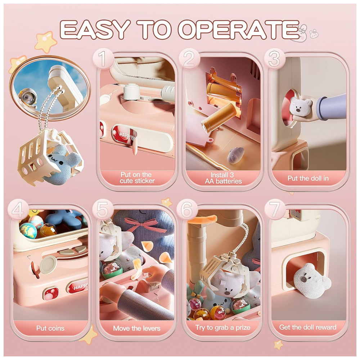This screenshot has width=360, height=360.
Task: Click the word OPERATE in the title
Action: (x=239, y=30)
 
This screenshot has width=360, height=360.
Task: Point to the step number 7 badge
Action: (x=274, y=210)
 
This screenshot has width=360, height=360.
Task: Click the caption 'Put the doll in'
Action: (x=308, y=178)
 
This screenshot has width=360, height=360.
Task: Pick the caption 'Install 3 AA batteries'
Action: (x=223, y=178)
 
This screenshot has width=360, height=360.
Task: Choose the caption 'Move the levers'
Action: (x=136, y=328)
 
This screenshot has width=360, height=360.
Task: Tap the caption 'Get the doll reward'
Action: (x=308, y=327)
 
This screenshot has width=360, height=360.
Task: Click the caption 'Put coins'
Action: (x=50, y=328)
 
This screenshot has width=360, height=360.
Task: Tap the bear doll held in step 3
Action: (x=300, y=106)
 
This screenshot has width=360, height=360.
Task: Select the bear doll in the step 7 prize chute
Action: (x=311, y=280)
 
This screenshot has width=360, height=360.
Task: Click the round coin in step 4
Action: (x=48, y=265)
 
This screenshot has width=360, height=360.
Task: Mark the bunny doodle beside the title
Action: (x=314, y=34)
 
